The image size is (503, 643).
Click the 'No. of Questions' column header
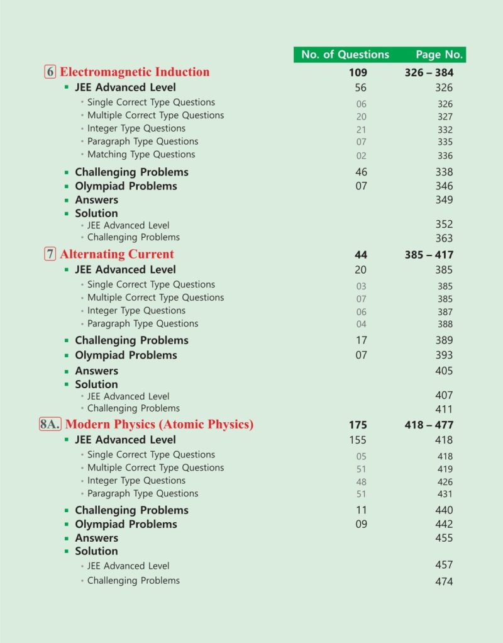(x=345, y=54)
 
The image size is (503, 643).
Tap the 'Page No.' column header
(x=439, y=54)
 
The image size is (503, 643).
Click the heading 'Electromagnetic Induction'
(x=135, y=72)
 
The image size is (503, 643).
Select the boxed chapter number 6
(x=50, y=72)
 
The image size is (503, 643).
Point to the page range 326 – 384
(x=429, y=72)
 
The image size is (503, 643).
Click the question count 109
(x=358, y=72)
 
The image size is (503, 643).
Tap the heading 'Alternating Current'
(x=117, y=254)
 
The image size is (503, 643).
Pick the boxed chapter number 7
(x=50, y=254)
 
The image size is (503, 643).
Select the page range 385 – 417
(x=429, y=255)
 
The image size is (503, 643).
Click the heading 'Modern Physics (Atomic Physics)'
(x=159, y=424)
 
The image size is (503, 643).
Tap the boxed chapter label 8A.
(x=50, y=424)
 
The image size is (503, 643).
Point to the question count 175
(x=358, y=425)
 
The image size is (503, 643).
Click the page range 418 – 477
(x=429, y=425)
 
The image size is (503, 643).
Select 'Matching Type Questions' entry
(x=141, y=154)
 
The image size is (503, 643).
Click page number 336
(x=445, y=155)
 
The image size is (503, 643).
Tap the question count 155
(x=358, y=440)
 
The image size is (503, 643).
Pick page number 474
(x=443, y=581)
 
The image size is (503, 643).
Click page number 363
(x=443, y=238)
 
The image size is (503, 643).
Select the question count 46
(x=361, y=172)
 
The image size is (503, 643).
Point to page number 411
(x=443, y=409)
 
